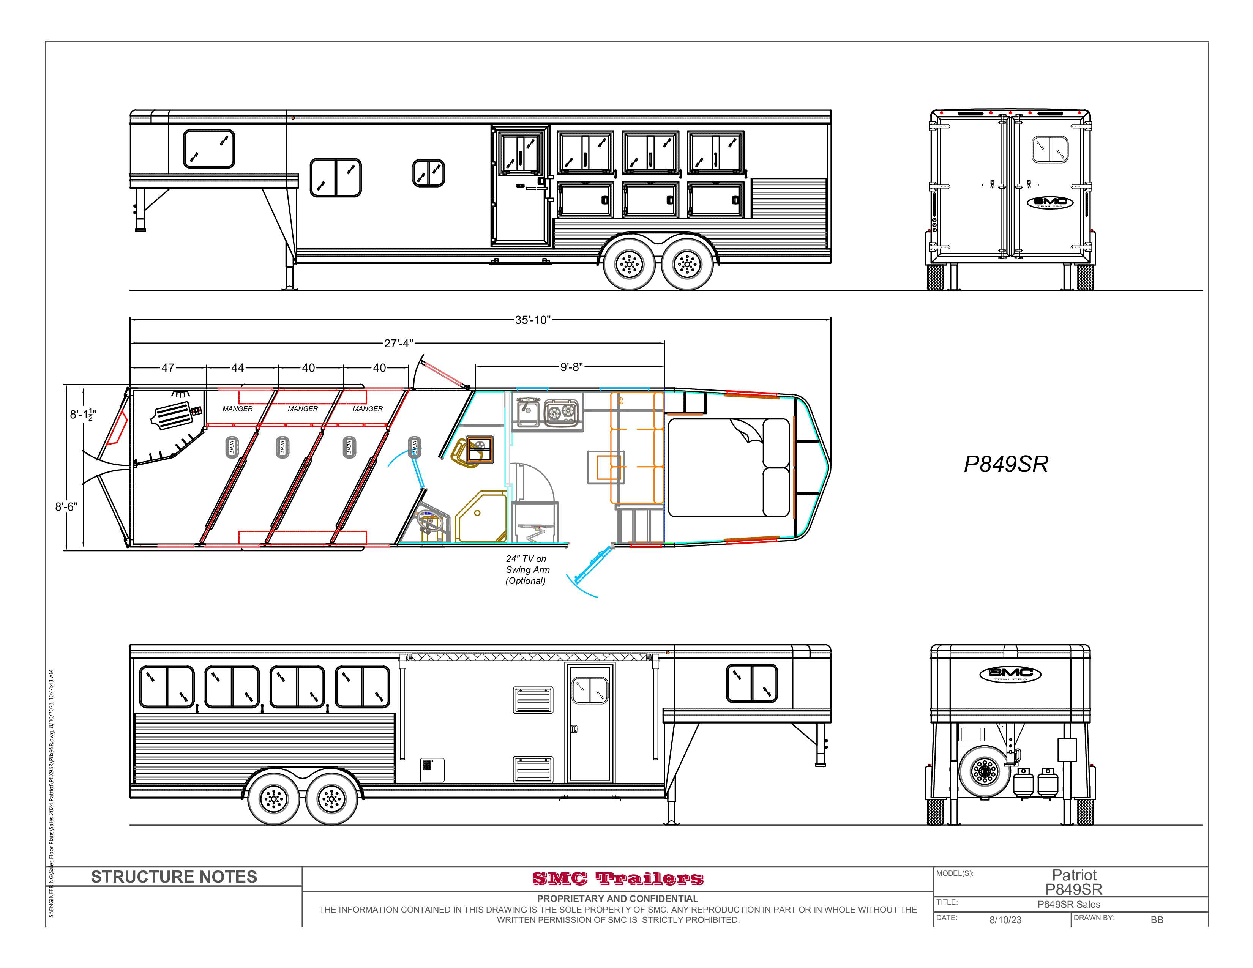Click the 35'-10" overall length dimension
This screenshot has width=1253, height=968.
[x=532, y=320]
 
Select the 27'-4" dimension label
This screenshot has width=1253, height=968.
[x=398, y=344]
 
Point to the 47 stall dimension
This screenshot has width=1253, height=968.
[x=167, y=367]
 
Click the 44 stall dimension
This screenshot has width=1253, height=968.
[x=238, y=367]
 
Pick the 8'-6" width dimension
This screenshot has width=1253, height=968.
[x=66, y=507]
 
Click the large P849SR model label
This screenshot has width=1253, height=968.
[x=1006, y=464]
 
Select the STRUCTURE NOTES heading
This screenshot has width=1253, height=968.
[x=174, y=877]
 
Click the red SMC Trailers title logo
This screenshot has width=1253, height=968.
[x=617, y=878]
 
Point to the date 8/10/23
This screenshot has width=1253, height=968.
[x=1005, y=920]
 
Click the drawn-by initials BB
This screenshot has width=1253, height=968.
[x=1157, y=920]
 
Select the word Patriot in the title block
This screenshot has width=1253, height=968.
[x=1074, y=875]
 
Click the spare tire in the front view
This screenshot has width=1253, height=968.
[x=985, y=771]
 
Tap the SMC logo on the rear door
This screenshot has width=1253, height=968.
[x=1050, y=202]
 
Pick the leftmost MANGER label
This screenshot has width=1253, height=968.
[x=238, y=409]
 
